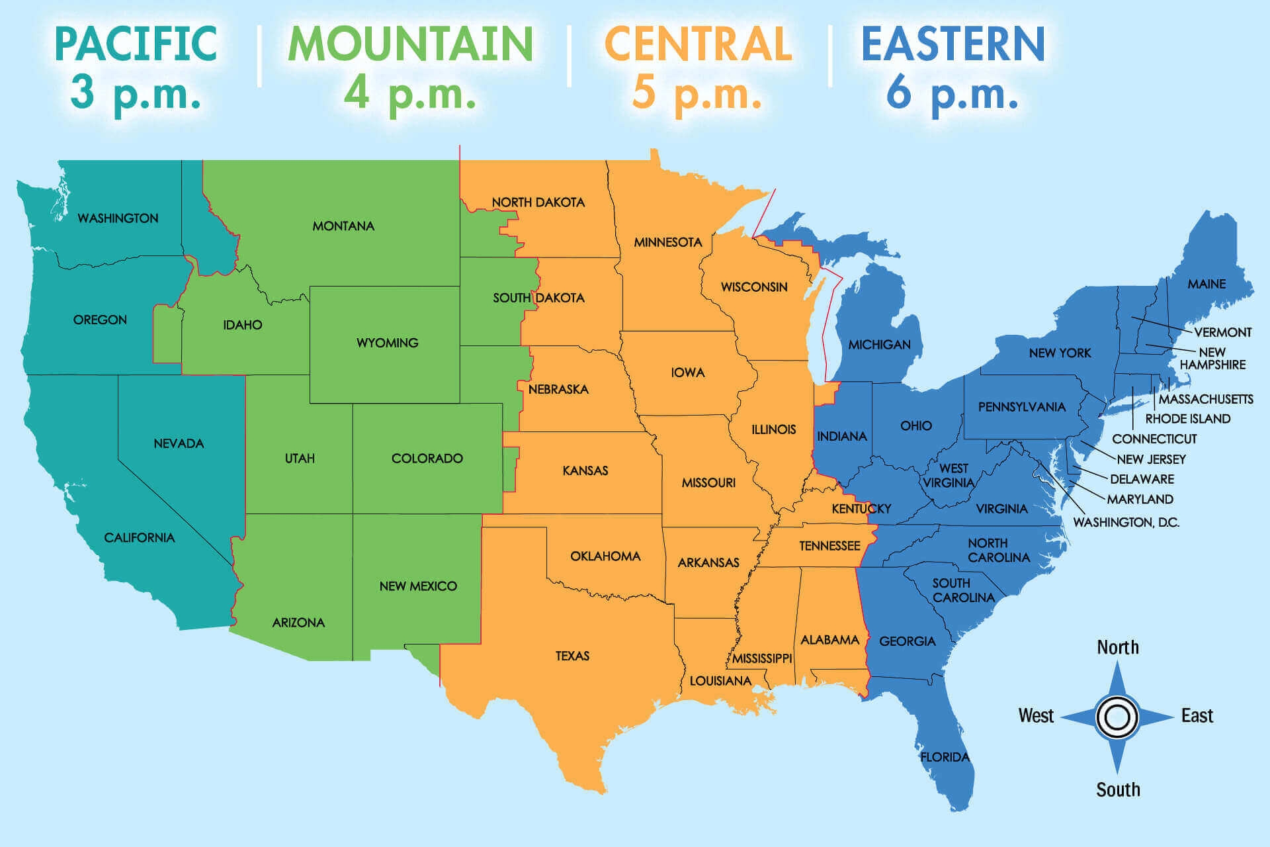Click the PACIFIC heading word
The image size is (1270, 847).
point(136,44)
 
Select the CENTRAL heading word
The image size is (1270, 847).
point(698,44)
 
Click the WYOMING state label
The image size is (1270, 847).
point(387,343)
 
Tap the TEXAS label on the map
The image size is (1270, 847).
point(572,656)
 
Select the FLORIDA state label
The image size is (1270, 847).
point(945,757)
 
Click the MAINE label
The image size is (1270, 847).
point(1206,284)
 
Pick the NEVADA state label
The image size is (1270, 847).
point(179,443)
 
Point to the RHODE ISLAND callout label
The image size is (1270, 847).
point(1188,419)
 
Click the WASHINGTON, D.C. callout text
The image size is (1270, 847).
point(1126,522)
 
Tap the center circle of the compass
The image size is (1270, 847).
point(1117,717)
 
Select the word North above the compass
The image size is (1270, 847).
point(1118,647)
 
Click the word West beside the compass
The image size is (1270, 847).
point(1036,716)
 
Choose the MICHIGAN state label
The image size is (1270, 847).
point(879,345)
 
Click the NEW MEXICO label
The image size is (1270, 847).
point(418,586)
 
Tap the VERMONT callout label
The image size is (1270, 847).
point(1222,332)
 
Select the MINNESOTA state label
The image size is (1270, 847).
point(668,242)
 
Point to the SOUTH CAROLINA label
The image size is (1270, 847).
point(962,590)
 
